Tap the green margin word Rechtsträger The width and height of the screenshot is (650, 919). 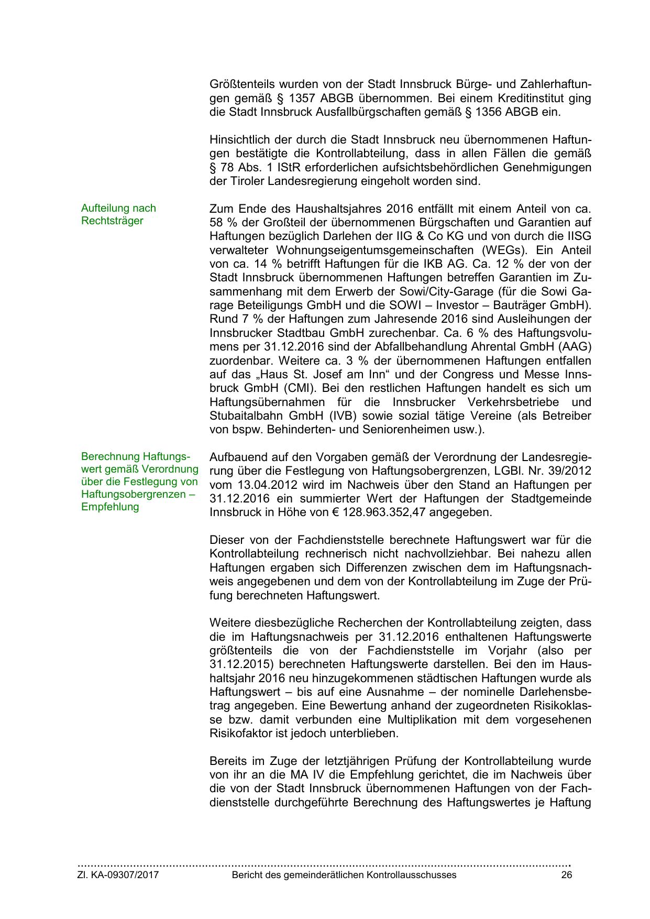click(x=112, y=221)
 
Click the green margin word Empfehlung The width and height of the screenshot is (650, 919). click(x=110, y=507)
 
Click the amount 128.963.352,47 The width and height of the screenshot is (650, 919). click(x=391, y=512)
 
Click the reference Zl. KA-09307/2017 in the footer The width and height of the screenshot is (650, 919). click(x=118, y=875)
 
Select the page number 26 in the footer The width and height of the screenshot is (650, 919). click(x=566, y=875)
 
